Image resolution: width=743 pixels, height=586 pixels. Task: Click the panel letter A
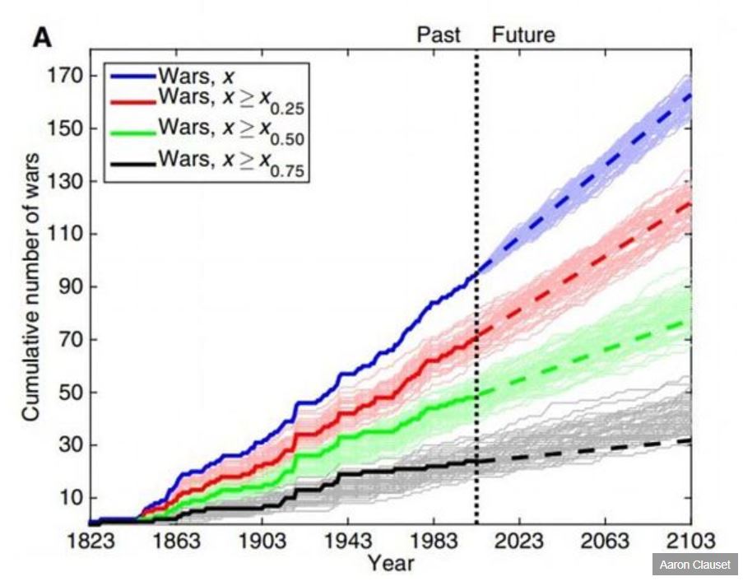tap(42, 37)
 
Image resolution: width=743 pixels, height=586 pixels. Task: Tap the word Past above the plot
tap(439, 35)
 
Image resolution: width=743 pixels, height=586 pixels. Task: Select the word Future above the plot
tap(523, 35)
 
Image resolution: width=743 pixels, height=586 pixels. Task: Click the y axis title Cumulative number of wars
tap(30, 288)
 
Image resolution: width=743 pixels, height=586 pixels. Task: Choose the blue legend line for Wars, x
tap(131, 75)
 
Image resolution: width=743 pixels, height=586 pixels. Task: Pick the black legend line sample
tap(131, 164)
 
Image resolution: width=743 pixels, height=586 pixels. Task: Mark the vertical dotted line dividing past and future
tap(476, 288)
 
